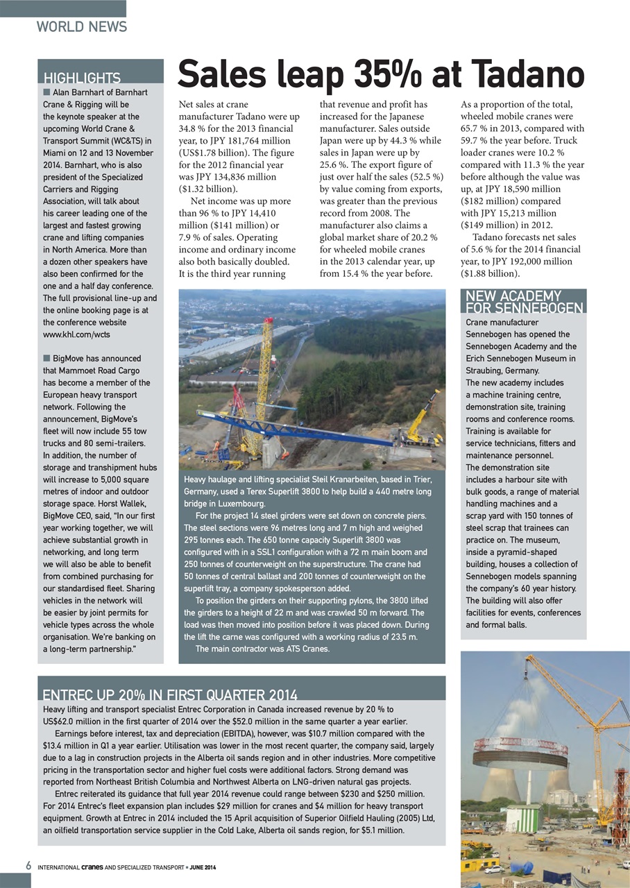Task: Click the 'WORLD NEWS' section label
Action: (82, 27)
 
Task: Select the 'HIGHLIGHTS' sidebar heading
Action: (82, 78)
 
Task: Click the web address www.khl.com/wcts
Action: (76, 334)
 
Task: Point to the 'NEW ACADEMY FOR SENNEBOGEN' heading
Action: (523, 302)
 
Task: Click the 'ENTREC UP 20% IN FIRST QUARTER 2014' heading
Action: (170, 695)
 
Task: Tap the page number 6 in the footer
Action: (28, 866)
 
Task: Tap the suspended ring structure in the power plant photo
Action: (520, 751)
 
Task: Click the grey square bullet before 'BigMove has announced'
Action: (46, 359)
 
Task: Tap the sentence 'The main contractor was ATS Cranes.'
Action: (262, 649)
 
